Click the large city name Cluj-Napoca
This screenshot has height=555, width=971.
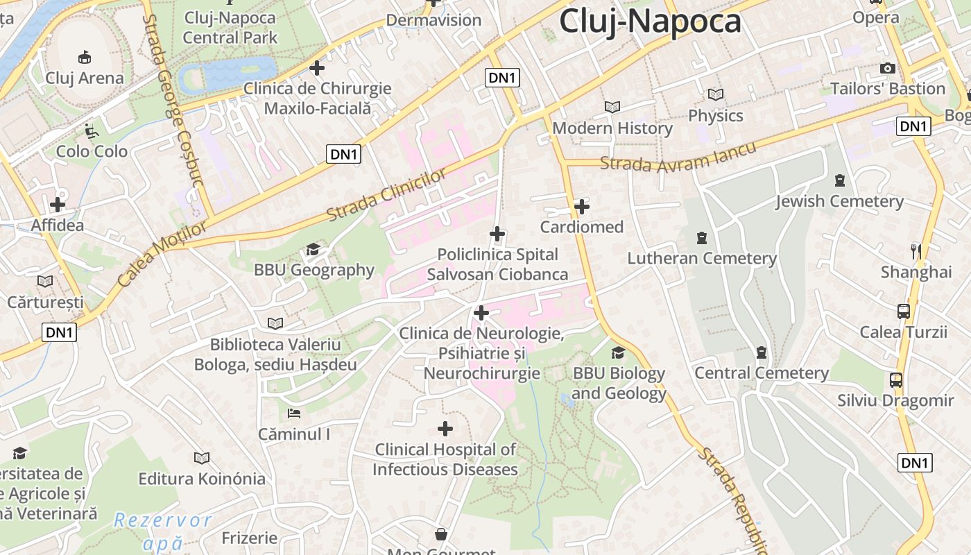[650, 21]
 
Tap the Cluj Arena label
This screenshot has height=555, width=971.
[85, 78]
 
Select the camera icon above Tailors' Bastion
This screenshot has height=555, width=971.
[887, 68]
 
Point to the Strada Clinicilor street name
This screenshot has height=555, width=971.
[386, 195]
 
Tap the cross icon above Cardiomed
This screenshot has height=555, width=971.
[582, 206]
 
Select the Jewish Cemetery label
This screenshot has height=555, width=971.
[839, 201]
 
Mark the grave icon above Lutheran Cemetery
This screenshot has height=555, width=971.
[701, 238]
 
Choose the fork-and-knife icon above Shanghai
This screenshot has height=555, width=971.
[916, 251]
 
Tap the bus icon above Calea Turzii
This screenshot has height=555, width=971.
[903, 311]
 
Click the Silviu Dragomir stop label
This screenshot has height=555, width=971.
[895, 400]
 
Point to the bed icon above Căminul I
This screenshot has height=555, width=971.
[294, 413]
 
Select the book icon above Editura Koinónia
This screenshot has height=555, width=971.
[202, 458]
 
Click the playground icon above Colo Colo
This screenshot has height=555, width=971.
[91, 130]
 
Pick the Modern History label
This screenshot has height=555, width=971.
[612, 128]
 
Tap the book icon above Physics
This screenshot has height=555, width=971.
[715, 94]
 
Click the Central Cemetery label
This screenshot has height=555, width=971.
[762, 373]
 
